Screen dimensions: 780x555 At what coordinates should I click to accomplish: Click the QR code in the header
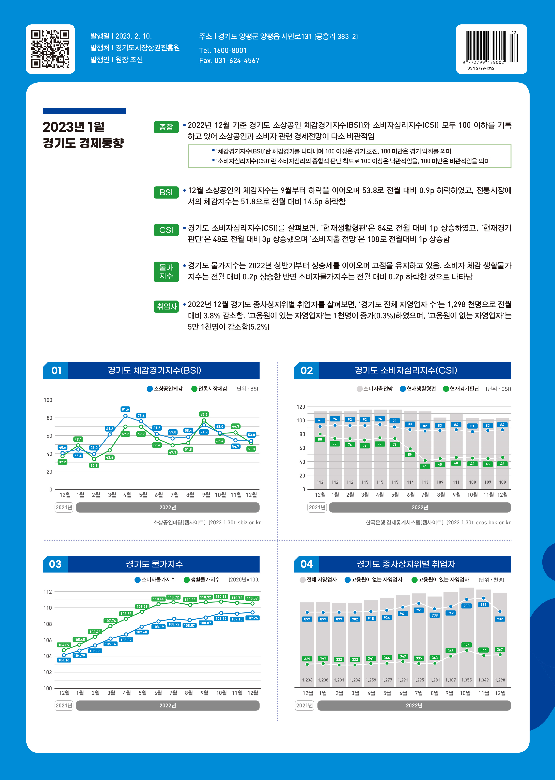[50, 49]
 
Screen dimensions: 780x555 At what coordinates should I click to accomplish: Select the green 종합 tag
[166, 127]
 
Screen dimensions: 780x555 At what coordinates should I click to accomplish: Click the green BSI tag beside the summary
[166, 192]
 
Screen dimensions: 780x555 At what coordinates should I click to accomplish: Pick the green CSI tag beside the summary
[166, 230]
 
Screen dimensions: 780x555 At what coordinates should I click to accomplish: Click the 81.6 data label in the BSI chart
[125, 409]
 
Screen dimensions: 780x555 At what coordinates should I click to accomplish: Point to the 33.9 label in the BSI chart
[94, 466]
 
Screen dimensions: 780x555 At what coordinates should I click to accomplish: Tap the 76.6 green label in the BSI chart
[204, 414]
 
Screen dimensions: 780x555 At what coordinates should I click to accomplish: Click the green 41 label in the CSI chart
[425, 466]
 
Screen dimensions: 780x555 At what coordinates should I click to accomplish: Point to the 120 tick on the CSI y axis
[301, 407]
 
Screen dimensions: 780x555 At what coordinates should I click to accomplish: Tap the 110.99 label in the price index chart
[221, 596]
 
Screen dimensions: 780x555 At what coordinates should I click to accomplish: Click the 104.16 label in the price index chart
[64, 660]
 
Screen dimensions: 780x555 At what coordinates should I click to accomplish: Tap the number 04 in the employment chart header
[307, 564]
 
